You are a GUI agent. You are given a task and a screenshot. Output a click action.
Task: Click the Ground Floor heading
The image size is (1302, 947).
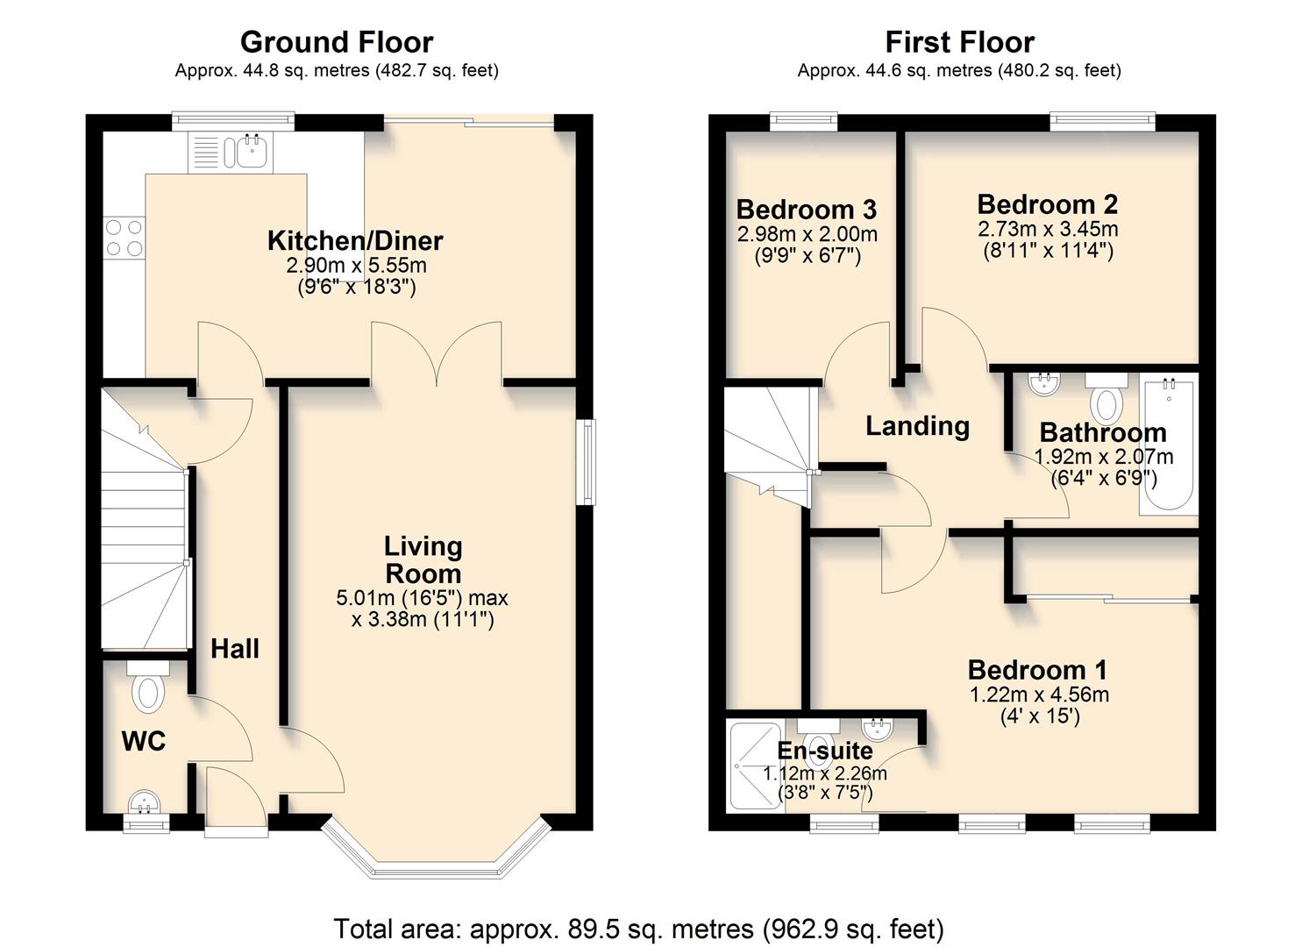click(337, 42)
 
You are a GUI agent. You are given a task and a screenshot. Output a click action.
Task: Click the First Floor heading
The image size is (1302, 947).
click(959, 42)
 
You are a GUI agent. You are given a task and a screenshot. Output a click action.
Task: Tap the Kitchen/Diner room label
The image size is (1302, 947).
click(355, 240)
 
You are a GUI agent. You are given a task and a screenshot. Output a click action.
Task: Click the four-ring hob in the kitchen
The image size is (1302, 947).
click(125, 238)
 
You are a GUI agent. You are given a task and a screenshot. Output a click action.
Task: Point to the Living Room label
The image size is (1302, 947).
click(423, 559)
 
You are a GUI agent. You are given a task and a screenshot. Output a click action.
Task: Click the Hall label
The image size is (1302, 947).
click(235, 649)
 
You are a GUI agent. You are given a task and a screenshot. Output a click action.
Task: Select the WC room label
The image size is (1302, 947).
click(144, 741)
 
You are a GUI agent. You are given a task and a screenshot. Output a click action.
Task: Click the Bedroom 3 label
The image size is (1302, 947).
click(806, 210)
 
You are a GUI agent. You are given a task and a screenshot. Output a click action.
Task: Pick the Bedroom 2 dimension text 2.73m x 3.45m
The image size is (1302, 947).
click(1048, 230)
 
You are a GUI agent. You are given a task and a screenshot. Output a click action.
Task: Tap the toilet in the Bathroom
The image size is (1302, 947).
click(1106, 399)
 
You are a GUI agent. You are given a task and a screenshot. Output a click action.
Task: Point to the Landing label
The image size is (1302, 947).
click(917, 426)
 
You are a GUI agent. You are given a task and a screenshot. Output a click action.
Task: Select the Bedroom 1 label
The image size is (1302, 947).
click(1037, 670)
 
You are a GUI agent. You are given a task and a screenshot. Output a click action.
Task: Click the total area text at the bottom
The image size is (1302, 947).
click(638, 928)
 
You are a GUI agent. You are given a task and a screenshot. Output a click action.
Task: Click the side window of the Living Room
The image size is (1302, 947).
click(585, 462)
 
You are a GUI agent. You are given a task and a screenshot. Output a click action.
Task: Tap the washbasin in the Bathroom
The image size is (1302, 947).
click(1044, 383)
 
